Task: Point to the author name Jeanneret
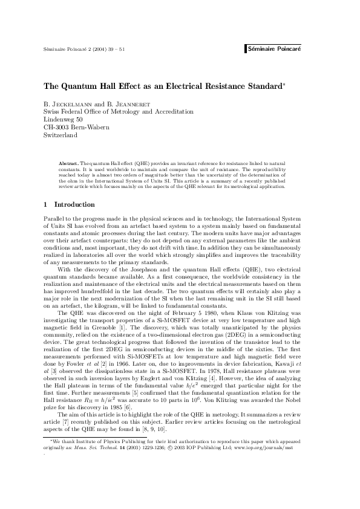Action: point(128,103)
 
